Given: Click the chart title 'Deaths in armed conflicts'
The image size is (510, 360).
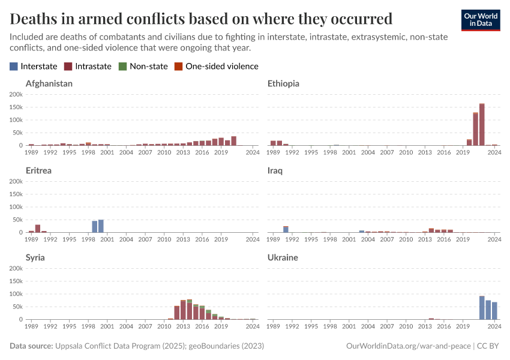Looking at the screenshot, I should (x=201, y=19).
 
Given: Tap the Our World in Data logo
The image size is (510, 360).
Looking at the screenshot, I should (x=480, y=20).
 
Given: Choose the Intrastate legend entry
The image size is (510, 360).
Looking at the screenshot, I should (x=88, y=66).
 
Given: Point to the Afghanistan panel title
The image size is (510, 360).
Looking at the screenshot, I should (x=49, y=83).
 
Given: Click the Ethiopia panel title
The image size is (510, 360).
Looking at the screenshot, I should (x=283, y=83).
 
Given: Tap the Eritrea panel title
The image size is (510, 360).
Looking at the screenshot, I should (x=38, y=170).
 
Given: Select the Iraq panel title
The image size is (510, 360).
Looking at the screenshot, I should (x=275, y=170).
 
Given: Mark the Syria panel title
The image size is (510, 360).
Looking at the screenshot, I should (x=35, y=257).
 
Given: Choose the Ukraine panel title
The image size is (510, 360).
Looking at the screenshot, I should (x=283, y=257).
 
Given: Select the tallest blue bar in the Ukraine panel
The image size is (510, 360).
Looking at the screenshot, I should (x=482, y=308).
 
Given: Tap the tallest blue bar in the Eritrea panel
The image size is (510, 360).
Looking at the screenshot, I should (x=101, y=226).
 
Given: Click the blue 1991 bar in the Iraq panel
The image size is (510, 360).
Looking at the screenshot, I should (x=286, y=229).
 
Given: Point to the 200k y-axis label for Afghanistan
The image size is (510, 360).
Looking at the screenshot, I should (x=16, y=94).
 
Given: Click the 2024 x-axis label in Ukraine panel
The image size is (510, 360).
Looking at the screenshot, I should (x=494, y=327).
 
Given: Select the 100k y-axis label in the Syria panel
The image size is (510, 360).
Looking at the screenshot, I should (x=16, y=294).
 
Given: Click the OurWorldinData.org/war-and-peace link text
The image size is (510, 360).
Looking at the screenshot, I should (x=408, y=346).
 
